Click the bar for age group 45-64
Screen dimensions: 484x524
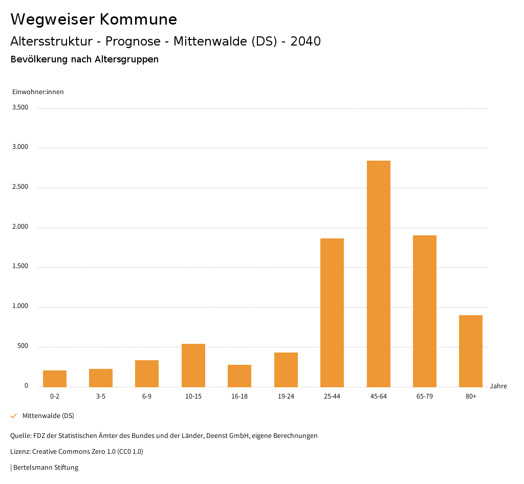click(x=378, y=274)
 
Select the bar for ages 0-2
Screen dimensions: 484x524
click(x=55, y=379)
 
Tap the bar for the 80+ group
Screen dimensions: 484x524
click(x=471, y=351)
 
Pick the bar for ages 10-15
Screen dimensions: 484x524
click(x=193, y=365)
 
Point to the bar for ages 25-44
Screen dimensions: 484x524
click(x=332, y=313)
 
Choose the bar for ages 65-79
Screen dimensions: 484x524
click(x=425, y=311)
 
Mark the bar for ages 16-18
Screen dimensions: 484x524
click(x=239, y=376)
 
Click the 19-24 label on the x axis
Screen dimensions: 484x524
click(x=286, y=397)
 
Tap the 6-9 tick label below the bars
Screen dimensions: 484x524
click(x=147, y=397)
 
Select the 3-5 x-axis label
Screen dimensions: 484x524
click(x=101, y=397)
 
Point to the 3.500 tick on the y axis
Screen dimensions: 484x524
click(x=20, y=107)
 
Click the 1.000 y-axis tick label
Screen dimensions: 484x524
click(x=20, y=306)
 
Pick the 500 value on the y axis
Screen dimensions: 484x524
click(x=23, y=346)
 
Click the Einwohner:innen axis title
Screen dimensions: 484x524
click(x=38, y=92)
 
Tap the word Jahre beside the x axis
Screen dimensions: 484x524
click(x=498, y=386)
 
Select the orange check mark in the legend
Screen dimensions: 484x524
click(x=14, y=416)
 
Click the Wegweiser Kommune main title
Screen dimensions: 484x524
click(x=94, y=19)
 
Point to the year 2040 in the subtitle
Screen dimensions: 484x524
click(x=305, y=41)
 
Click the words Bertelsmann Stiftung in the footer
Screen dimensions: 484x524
click(x=46, y=468)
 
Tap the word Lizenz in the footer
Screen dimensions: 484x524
click(x=19, y=452)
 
